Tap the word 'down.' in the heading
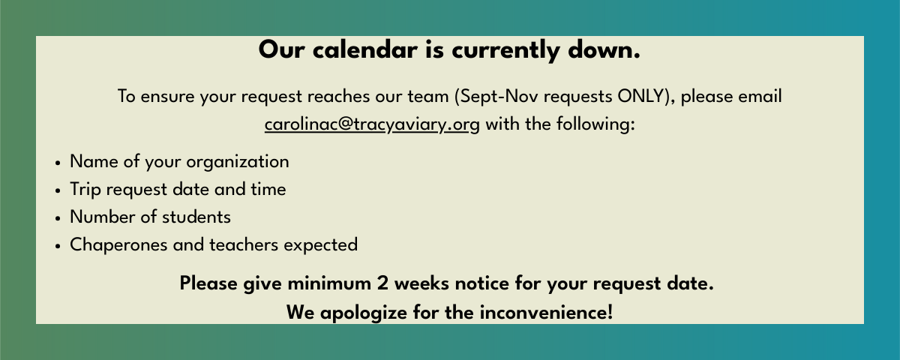[604, 50]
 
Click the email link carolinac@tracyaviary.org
[372, 124]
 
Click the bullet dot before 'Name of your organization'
[58, 163]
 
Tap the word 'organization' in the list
[238, 162]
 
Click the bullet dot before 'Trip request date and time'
[58, 191]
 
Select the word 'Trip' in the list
[85, 190]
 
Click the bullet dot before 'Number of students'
[58, 219]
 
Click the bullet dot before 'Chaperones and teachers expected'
[58, 246]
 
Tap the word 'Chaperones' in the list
[118, 245]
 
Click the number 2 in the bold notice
[382, 283]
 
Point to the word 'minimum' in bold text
[329, 283]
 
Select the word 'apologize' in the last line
[363, 313]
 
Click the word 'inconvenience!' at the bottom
[547, 313]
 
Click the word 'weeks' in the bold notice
[421, 283]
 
